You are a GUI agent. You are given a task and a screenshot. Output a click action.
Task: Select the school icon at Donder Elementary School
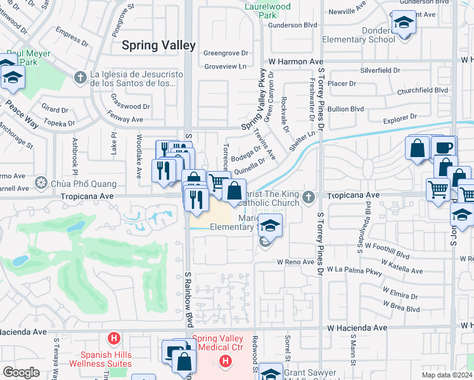[x=403, y=23]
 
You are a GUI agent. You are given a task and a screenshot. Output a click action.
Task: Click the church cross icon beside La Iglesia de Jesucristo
[x=80, y=77]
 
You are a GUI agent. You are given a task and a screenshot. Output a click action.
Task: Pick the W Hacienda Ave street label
[x=357, y=328]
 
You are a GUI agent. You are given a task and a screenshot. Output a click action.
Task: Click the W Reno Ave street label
[x=295, y=262]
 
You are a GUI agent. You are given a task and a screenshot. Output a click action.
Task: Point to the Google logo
[x=21, y=372]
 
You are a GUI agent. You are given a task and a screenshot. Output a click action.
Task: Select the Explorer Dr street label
[x=400, y=117]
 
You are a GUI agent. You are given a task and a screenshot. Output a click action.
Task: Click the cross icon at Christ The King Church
[x=309, y=196]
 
